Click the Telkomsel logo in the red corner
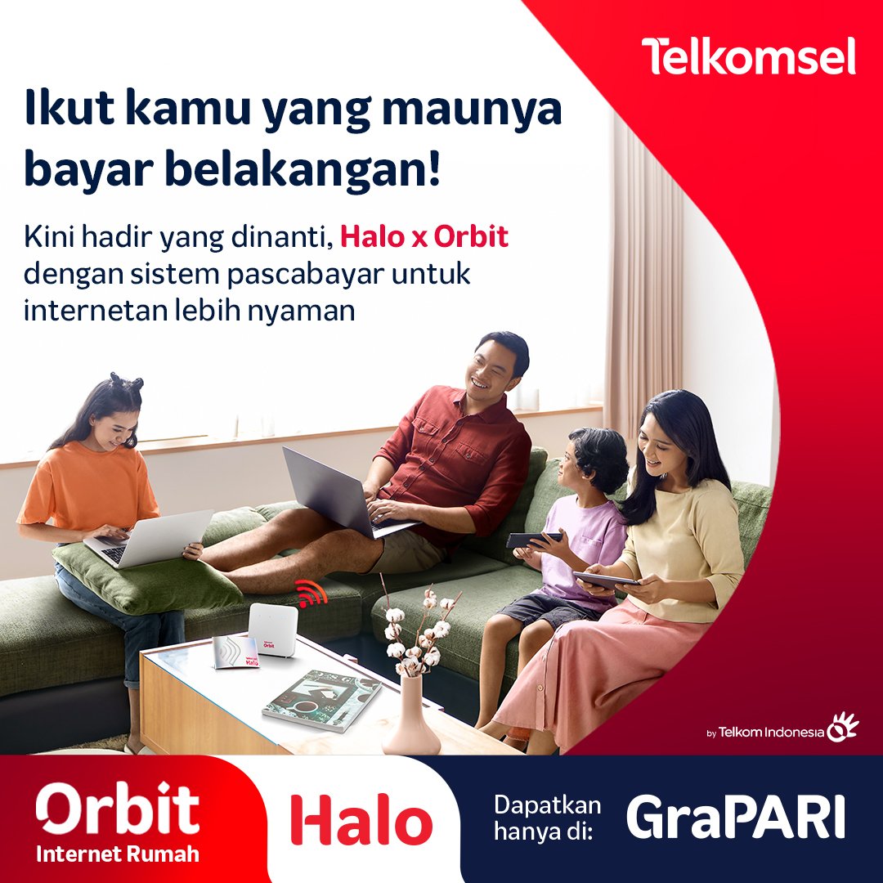(x=748, y=56)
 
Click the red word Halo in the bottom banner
(x=361, y=820)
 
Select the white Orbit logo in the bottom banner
(x=118, y=809)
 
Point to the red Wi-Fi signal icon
(x=311, y=594)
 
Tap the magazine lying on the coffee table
(x=321, y=699)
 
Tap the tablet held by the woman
(x=606, y=580)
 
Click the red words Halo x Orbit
(x=424, y=237)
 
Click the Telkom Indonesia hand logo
(x=842, y=728)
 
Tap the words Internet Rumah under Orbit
(x=118, y=855)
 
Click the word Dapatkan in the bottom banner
(x=547, y=805)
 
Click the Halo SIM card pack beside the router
(x=236, y=652)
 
